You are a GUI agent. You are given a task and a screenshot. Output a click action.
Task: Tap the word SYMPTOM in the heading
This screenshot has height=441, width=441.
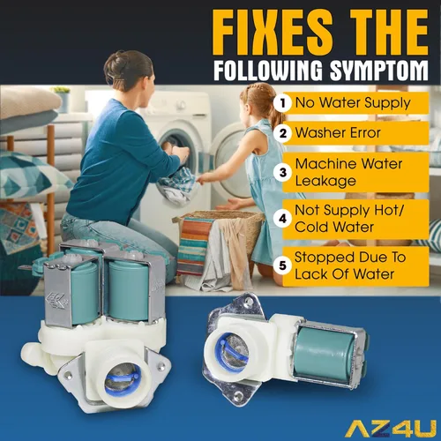tap(378, 71)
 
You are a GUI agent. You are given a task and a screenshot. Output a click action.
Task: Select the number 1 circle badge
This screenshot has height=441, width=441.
tap(283, 103)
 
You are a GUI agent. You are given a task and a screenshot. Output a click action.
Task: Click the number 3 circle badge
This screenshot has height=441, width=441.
tap(283, 172)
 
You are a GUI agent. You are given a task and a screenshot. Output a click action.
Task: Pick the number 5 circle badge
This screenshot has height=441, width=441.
tap(283, 265)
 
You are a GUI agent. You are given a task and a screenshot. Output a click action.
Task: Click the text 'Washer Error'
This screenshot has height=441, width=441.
tap(338, 133)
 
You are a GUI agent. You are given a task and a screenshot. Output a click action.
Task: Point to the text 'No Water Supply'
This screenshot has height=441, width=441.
tap(353, 103)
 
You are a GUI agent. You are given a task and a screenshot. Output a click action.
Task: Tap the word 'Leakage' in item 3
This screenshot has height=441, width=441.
tap(325, 181)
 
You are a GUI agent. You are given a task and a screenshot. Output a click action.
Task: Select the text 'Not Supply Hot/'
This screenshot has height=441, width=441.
tap(350, 210)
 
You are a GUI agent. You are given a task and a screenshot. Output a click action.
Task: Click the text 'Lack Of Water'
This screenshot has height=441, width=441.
tap(344, 274)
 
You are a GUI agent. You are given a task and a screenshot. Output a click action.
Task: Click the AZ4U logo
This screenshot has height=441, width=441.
tap(391, 429)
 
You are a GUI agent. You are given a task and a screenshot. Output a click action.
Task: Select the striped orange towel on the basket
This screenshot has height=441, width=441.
tap(194, 244)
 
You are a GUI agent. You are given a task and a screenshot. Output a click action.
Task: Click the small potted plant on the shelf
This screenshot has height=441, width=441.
tap(61, 98)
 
